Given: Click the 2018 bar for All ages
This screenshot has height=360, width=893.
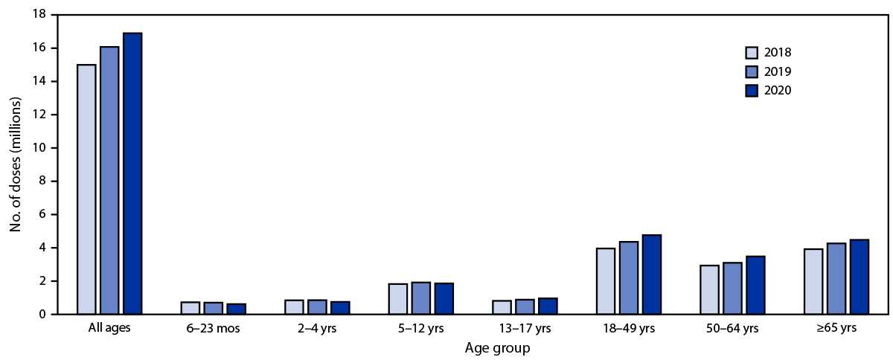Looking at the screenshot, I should coord(86,190).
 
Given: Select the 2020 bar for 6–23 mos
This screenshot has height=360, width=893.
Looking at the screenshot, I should coord(236,309).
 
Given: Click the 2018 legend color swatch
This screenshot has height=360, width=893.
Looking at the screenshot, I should coord(752,53).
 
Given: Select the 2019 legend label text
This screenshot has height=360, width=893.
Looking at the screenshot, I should coord(778,72).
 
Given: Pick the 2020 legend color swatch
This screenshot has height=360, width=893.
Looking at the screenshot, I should coord(752,91).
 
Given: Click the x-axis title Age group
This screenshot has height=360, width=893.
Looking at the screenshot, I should coord(497,348).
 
